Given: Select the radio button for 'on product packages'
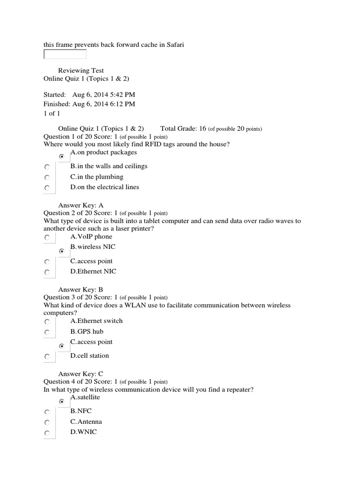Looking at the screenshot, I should (61, 157).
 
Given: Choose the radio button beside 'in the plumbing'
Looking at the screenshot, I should (47, 178).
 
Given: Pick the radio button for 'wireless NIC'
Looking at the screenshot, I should (61, 251).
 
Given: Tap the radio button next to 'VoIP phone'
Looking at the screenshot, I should (47, 238).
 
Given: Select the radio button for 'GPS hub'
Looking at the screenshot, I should (47, 332).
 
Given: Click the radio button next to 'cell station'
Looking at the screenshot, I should (47, 357).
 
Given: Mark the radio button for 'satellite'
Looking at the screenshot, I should (61, 402).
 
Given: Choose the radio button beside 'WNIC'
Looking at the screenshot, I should (47, 433).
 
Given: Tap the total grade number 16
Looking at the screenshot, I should (202, 128).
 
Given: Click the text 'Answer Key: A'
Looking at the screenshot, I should (81, 205).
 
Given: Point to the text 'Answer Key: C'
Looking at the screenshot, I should (81, 374).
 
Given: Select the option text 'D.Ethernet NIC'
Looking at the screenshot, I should (93, 271).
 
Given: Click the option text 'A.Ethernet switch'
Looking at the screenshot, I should (97, 321).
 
